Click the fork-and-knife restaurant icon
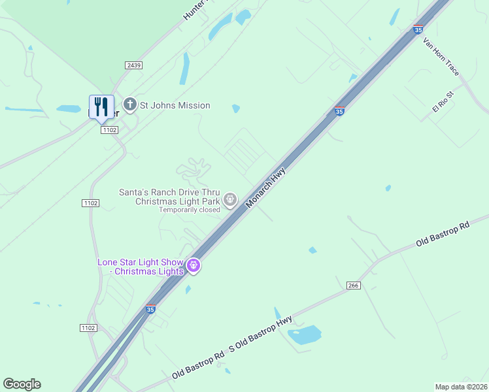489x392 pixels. coord(101,106)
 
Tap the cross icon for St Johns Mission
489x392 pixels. coord(130,105)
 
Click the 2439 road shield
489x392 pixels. coord(134,65)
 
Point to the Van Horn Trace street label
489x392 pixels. coord(441,56)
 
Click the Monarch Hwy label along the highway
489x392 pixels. coord(267,188)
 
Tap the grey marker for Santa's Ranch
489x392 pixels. coord(230,200)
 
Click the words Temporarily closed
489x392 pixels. coord(190,210)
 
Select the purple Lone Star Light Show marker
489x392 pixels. coord(193,266)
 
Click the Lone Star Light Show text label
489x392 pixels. coord(141,267)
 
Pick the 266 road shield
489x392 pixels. coord(354,285)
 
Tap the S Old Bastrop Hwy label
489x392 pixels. coord(260,335)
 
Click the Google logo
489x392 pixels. coord(22,384)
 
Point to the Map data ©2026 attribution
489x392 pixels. coord(461,386)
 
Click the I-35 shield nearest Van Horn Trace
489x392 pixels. coord(418,29)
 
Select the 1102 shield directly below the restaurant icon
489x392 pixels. coord(109,130)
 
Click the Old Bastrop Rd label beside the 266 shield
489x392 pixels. coord(443,235)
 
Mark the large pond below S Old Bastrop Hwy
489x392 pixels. coord(305,335)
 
